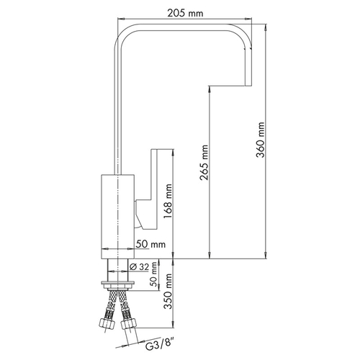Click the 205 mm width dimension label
pyautogui.click(x=185, y=12)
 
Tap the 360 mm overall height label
pyautogui.click(x=260, y=140)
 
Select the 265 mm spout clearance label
pyautogui.click(x=204, y=163)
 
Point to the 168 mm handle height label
pyautogui.click(x=168, y=202)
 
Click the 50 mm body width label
pyautogui.click(x=150, y=244)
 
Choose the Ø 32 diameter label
pyautogui.click(x=139, y=267)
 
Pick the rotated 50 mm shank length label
pyautogui.click(x=154, y=274)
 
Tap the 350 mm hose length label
pyautogui.click(x=168, y=291)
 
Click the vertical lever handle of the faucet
pyautogui.click(x=154, y=189)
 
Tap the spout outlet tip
pyautogui.click(x=248, y=83)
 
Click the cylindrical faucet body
pyautogui.click(x=117, y=217)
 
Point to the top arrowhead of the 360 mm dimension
pyautogui.click(x=266, y=27)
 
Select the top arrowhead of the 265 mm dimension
pyautogui.click(x=210, y=89)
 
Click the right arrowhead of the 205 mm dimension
pyautogui.click(x=248, y=18)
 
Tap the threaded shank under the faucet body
pyautogui.click(x=118, y=270)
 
